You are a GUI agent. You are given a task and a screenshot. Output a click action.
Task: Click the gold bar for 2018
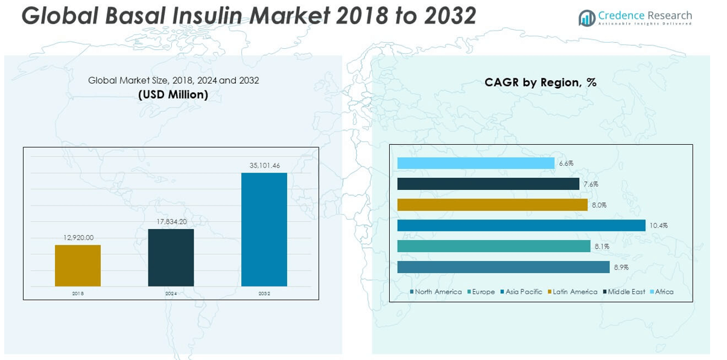[78, 265]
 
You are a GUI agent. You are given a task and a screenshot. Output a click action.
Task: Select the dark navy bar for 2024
[171, 257]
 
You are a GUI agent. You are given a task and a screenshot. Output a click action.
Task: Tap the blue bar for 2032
[264, 229]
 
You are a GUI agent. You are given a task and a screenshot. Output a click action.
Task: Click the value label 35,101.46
[265, 165]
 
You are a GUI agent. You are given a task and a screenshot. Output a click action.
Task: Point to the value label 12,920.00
[78, 238]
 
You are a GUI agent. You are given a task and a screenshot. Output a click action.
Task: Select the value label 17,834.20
[171, 222]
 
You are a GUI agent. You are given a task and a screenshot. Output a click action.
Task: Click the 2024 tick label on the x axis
[171, 294]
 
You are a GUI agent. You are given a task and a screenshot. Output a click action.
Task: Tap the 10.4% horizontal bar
[521, 226]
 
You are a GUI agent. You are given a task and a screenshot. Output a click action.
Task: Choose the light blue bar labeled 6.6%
[475, 163]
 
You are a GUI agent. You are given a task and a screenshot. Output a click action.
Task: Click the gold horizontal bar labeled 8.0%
[492, 205]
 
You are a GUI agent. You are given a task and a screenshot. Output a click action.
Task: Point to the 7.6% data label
[591, 185]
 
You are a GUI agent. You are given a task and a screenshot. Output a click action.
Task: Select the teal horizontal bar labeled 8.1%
[494, 246]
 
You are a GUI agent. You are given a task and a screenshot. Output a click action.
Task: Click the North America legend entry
[436, 292]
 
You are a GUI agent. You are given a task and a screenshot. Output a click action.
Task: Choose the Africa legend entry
[661, 292]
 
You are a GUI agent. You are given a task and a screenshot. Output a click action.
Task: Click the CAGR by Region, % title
[540, 83]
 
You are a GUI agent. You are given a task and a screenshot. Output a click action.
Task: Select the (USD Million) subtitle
[173, 95]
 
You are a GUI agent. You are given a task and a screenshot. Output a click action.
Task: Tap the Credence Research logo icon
[586, 18]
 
